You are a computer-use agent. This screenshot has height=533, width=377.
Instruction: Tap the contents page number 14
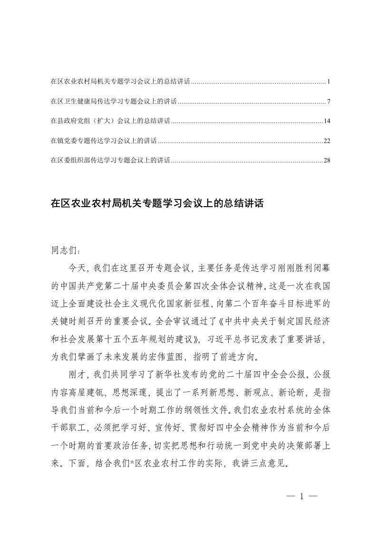click(327, 121)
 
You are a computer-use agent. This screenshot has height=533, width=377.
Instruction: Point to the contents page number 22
click(327, 141)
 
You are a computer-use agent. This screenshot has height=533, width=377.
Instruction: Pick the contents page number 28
click(327, 161)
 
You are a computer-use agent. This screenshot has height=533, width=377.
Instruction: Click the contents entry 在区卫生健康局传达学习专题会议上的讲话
click(114, 102)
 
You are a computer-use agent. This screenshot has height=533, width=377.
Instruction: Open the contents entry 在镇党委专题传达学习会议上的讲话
click(104, 141)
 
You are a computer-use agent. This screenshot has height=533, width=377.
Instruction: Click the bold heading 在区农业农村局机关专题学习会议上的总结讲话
click(157, 204)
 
